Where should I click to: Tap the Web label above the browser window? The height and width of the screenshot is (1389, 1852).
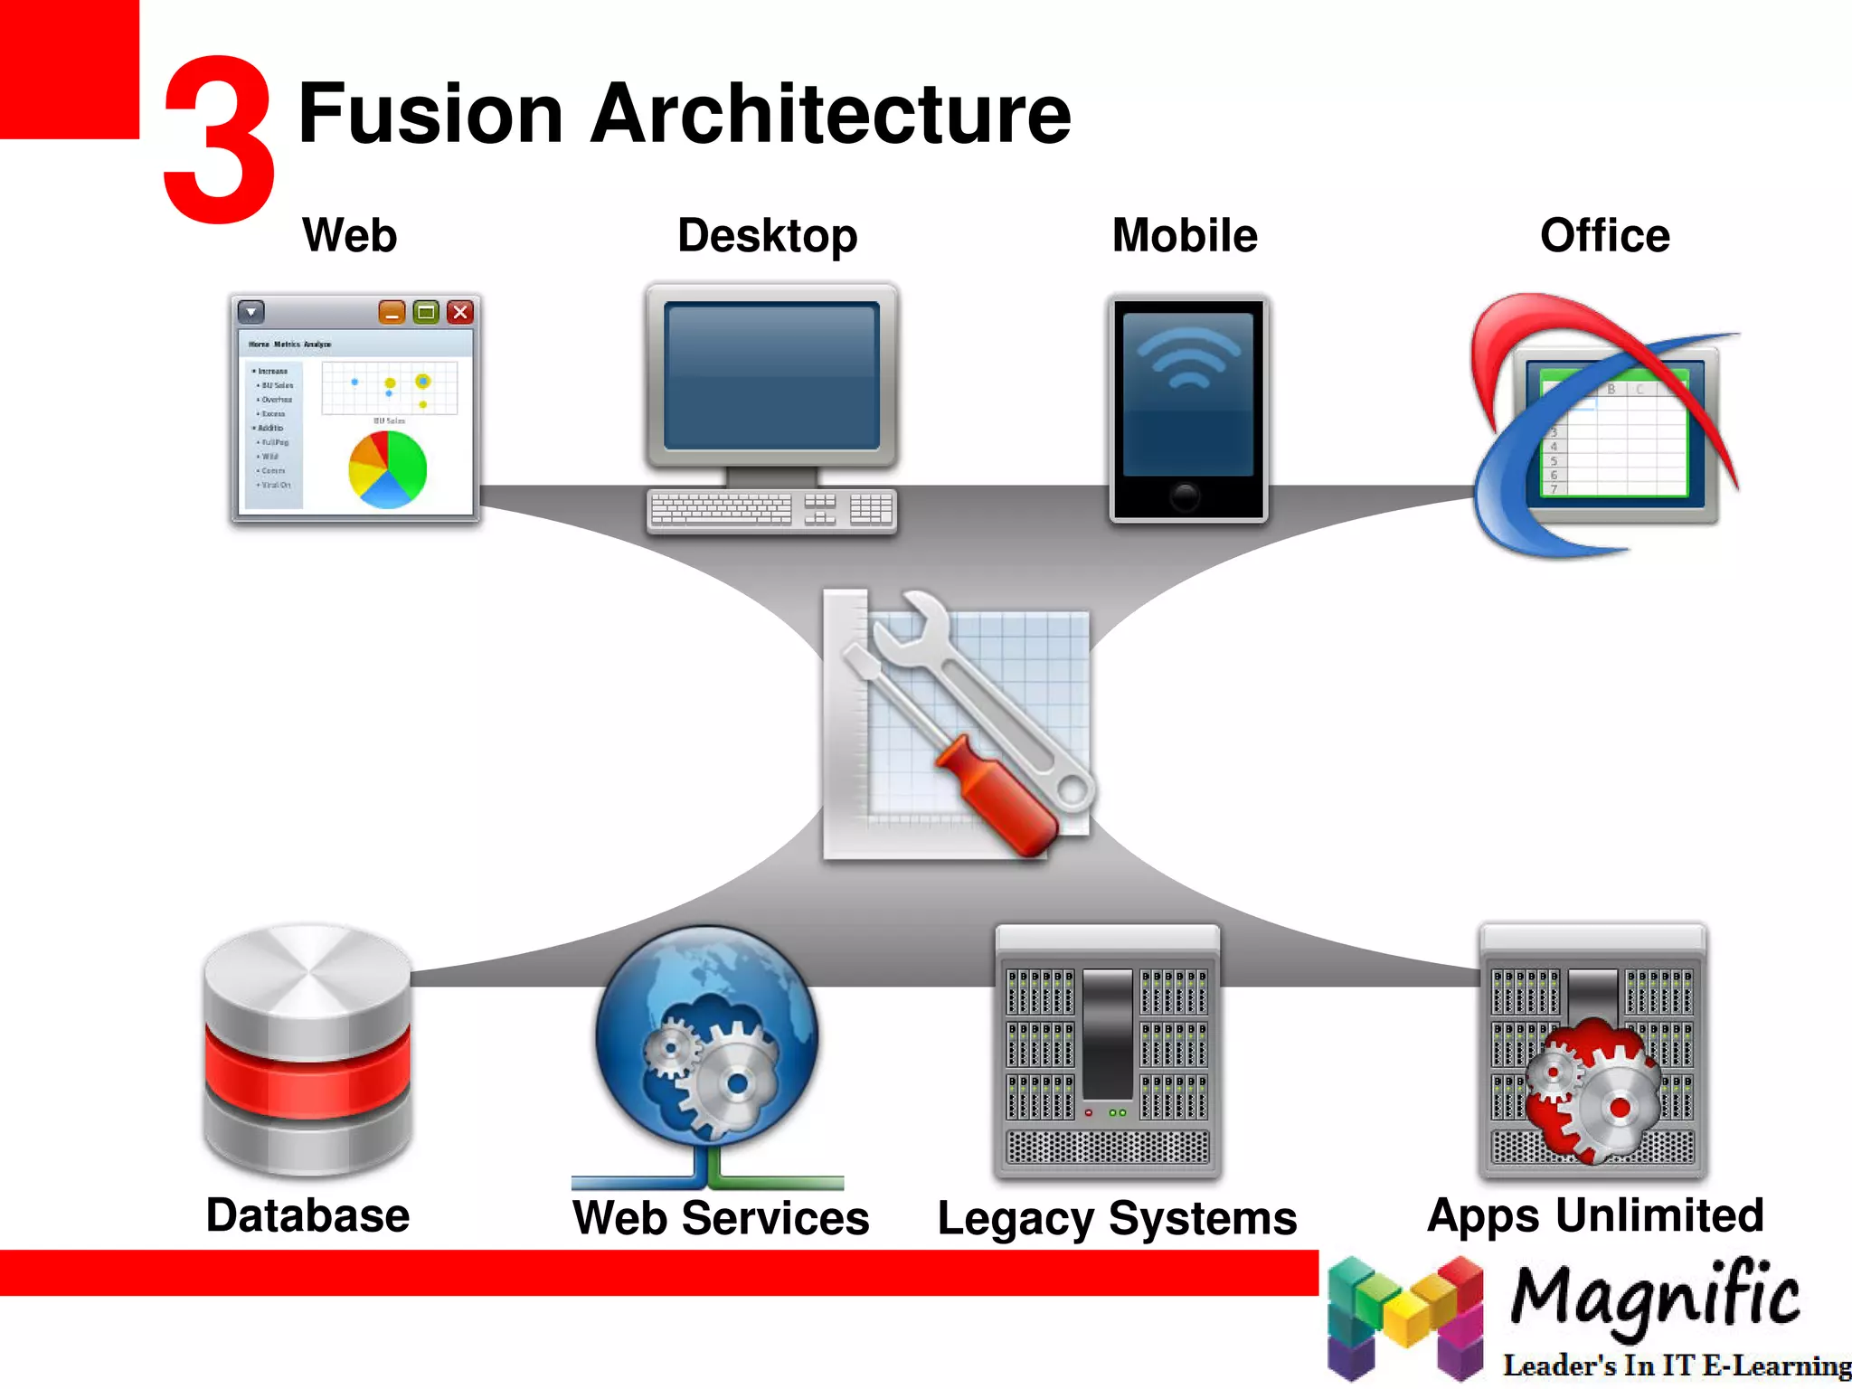(349, 235)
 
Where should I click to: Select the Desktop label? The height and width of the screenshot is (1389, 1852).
(767, 236)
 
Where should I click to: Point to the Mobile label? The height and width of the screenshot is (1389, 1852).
(1184, 235)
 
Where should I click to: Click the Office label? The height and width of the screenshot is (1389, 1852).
(1604, 235)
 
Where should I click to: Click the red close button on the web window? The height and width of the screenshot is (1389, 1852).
(460, 312)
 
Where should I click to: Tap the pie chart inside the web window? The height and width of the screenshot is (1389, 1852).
(387, 469)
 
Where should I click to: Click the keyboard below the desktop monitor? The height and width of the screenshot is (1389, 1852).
(770, 509)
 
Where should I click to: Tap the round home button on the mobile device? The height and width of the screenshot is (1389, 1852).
(1185, 496)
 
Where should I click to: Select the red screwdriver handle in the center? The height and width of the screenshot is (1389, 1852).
(995, 796)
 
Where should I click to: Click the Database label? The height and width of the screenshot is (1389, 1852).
(307, 1214)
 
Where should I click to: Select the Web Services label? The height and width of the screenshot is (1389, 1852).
(721, 1217)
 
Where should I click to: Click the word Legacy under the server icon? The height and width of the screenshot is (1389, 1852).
(1015, 1219)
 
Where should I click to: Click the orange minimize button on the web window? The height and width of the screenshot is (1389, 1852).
(392, 312)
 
